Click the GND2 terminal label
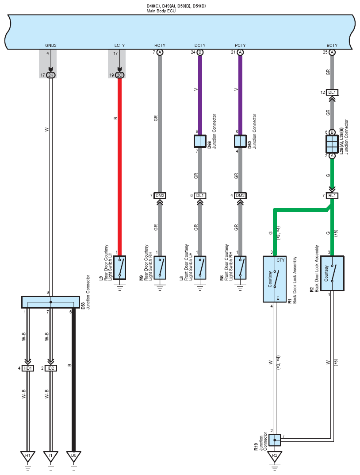tap(51, 46)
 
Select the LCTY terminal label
tap(119, 46)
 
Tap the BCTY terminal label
tap(332, 46)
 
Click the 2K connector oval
tap(51, 75)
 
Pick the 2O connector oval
tap(119, 75)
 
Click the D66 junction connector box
tap(200, 141)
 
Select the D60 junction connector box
tap(240, 141)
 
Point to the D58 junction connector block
tap(51, 302)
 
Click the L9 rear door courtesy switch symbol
tap(120, 268)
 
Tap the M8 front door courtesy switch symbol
tap(240, 268)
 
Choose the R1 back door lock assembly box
tap(275, 279)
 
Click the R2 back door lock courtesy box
tap(332, 274)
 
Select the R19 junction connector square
tap(275, 440)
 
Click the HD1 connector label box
tap(28, 368)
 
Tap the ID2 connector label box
tap(51, 368)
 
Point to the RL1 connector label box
tap(332, 196)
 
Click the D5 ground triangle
tap(73, 456)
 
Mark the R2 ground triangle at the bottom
tap(275, 456)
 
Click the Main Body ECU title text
tap(161, 11)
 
